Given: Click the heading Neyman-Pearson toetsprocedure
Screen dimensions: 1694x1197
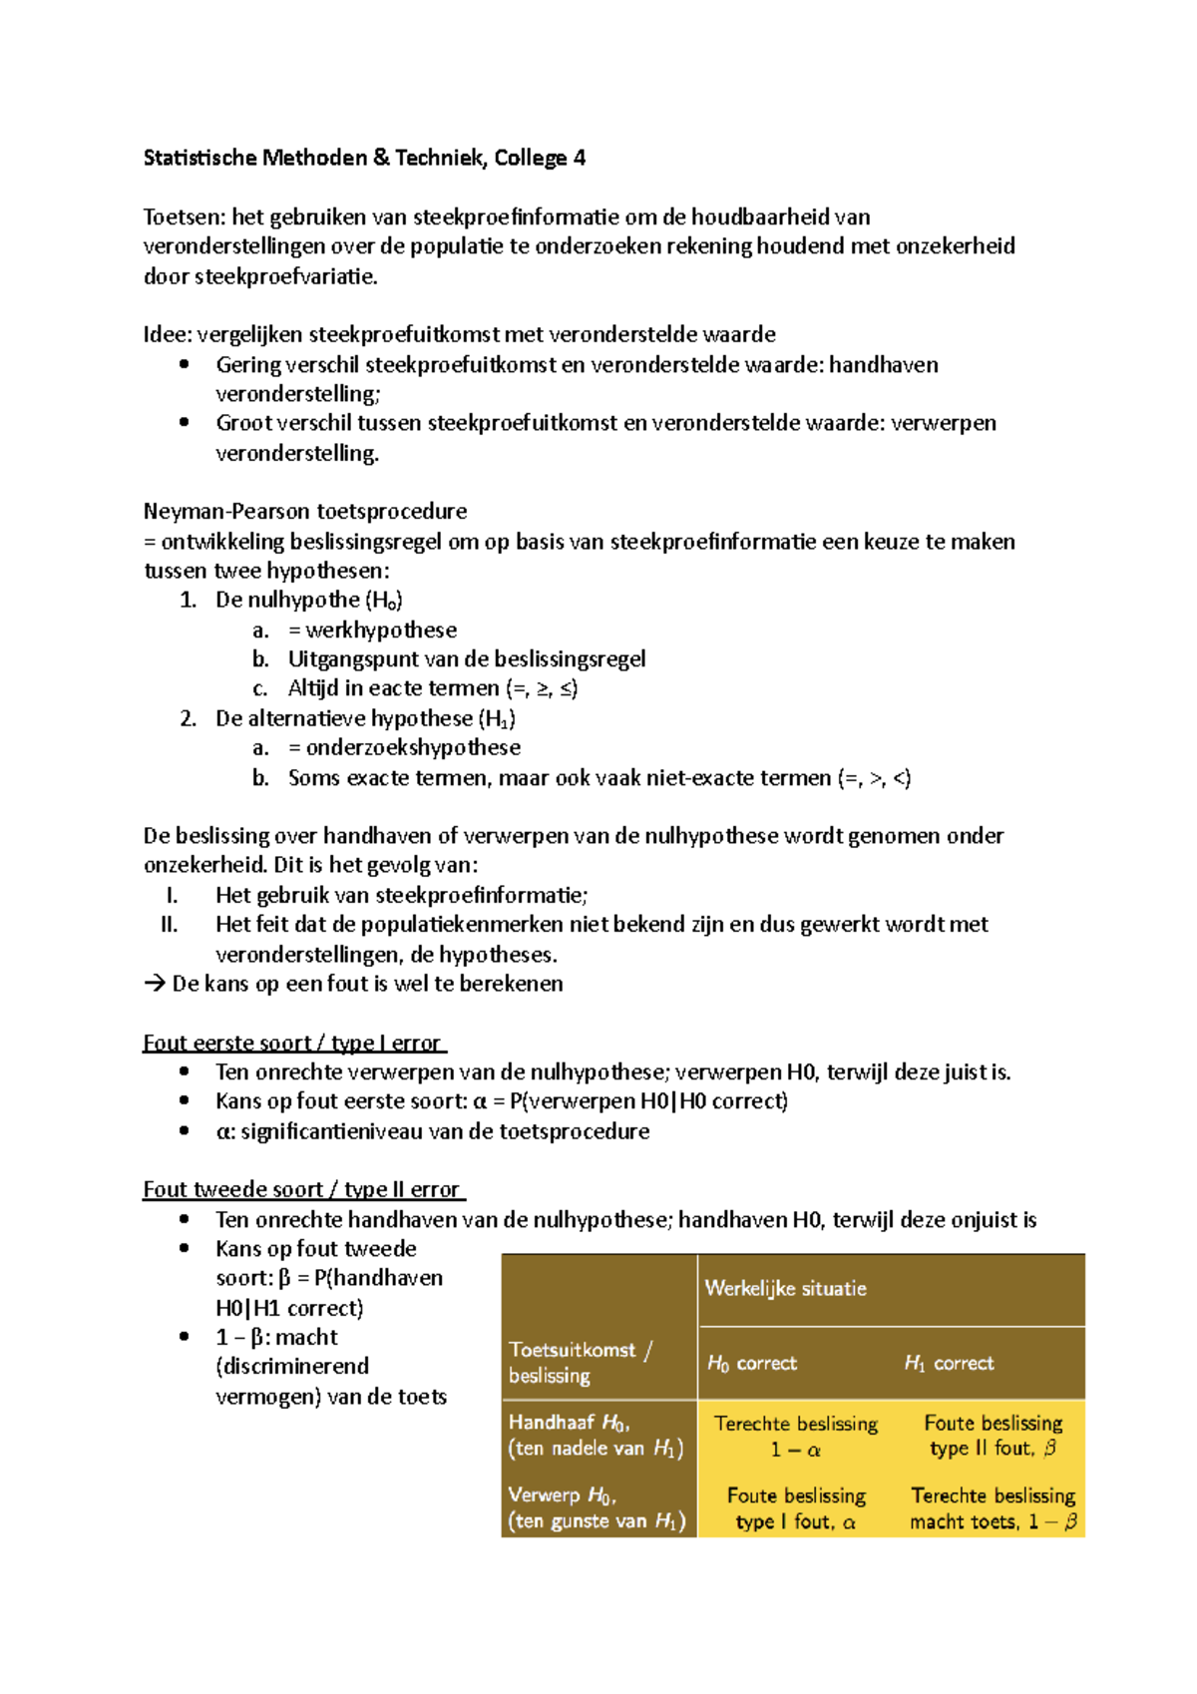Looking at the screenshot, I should pyautogui.click(x=304, y=512).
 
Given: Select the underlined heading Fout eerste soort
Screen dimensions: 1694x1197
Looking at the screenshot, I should pyautogui.click(x=292, y=1043).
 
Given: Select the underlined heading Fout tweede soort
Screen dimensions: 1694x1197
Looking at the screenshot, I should pyautogui.click(x=302, y=1189).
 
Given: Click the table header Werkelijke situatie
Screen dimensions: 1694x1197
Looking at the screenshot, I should pyautogui.click(x=785, y=1288).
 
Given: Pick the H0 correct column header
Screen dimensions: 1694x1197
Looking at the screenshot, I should pyautogui.click(x=751, y=1363).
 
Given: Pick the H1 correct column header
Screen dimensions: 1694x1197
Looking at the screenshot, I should pyautogui.click(x=949, y=1363).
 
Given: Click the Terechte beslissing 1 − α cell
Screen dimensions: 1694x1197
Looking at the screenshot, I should pyautogui.click(x=795, y=1437).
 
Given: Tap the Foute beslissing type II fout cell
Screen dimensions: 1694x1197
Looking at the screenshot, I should pyautogui.click(x=993, y=1436).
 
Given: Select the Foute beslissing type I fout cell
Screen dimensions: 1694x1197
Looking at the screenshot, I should pyautogui.click(x=795, y=1508).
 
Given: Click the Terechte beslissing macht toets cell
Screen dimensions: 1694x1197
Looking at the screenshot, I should pyautogui.click(x=993, y=1508).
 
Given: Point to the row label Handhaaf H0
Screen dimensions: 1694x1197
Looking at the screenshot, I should pyautogui.click(x=596, y=1436).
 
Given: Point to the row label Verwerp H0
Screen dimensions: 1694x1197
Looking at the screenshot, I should pyautogui.click(x=596, y=1508).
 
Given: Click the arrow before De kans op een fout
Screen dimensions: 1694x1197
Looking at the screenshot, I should pyautogui.click(x=154, y=984).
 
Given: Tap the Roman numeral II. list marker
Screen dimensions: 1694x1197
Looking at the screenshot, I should pyautogui.click(x=170, y=925).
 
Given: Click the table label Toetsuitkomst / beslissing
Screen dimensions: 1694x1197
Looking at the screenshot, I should pyautogui.click(x=579, y=1362).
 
